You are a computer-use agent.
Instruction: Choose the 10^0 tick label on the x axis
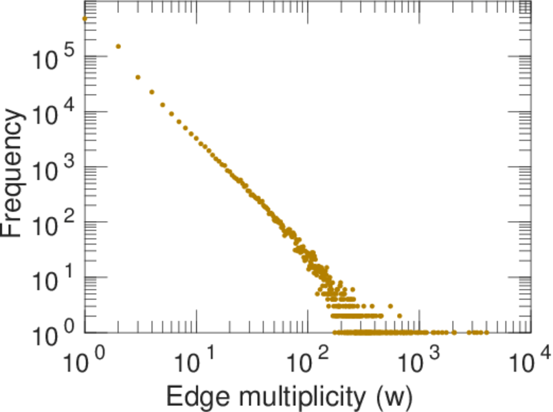point(84,360)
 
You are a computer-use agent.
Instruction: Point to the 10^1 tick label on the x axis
point(196,360)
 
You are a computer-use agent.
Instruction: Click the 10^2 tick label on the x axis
point(307,360)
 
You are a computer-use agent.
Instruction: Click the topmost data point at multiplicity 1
point(84,19)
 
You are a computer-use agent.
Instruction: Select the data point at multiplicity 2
point(118,47)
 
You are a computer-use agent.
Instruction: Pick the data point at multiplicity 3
point(137,77)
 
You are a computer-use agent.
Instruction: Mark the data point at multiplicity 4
point(151,91)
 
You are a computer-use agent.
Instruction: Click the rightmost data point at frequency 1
point(487,332)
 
